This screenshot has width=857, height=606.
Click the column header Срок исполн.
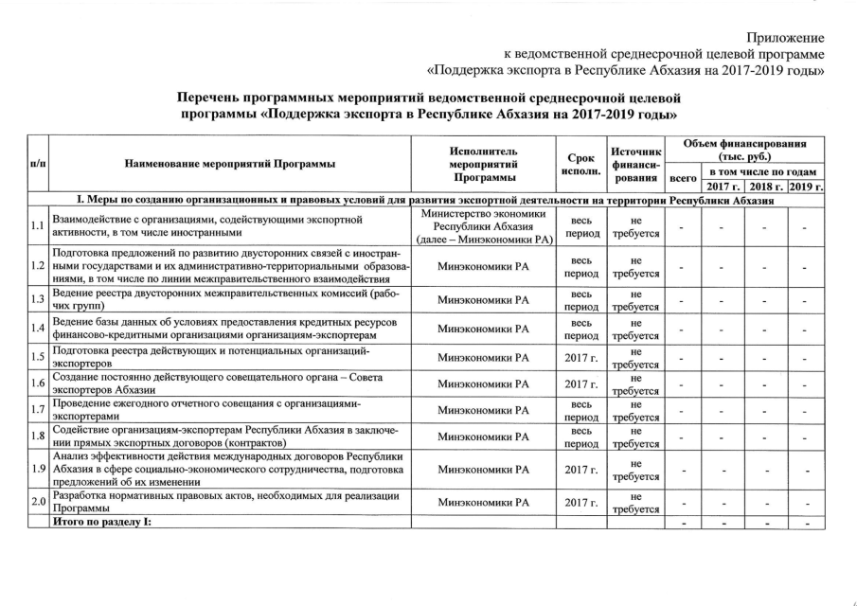[581, 164]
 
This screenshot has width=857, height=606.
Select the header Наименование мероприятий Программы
[230, 164]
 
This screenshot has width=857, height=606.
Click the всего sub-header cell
[682, 178]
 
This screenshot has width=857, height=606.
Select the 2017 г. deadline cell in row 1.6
[581, 384]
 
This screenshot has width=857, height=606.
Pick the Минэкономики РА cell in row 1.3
[483, 300]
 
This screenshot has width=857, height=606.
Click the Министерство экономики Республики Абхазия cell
[483, 225]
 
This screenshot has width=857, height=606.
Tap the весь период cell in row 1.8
[581, 437]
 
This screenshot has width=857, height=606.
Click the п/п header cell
[38, 164]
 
